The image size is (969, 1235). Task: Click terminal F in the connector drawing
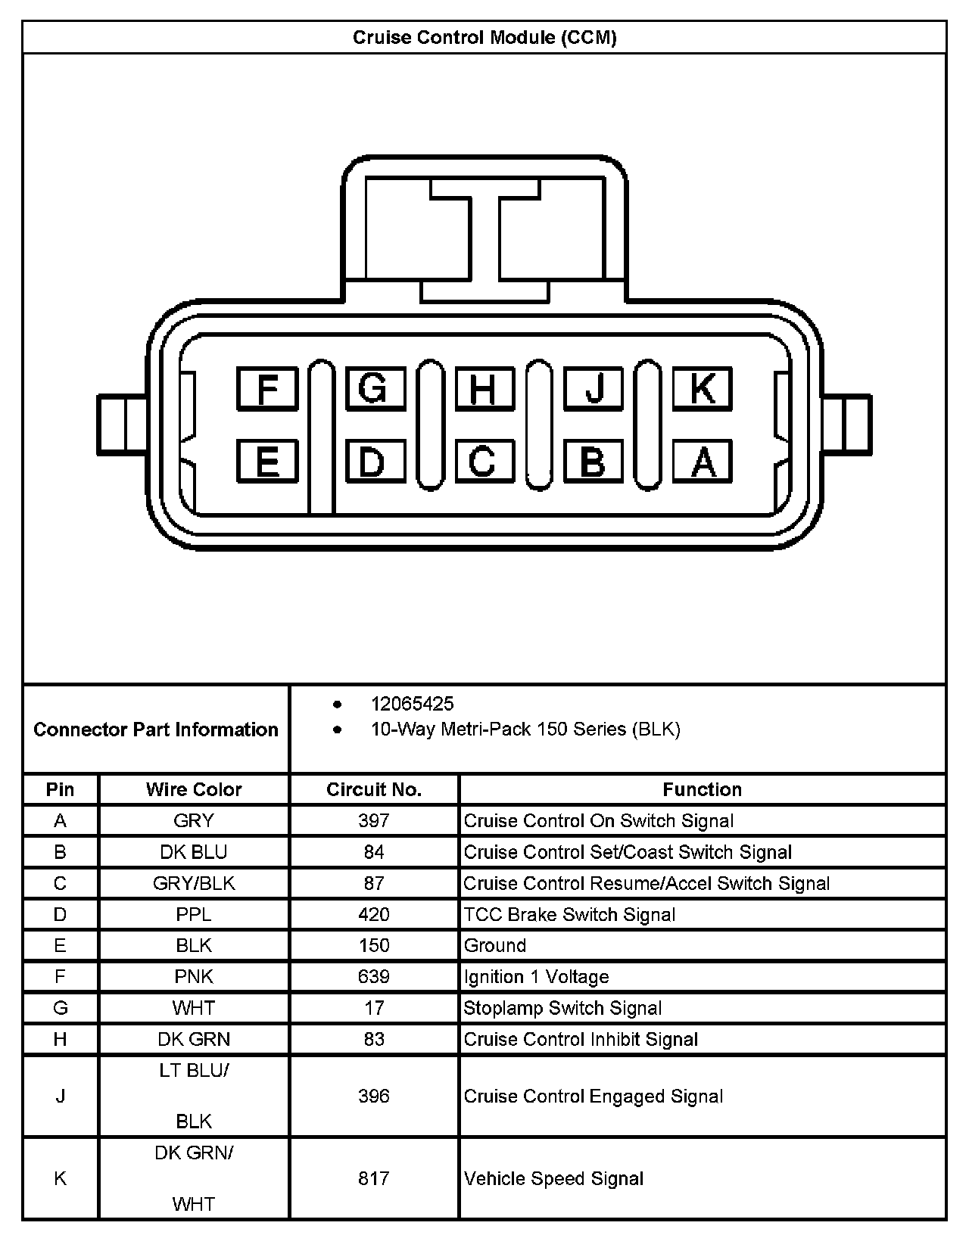point(267,389)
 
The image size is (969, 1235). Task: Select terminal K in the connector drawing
point(702,389)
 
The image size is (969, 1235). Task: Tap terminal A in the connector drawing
point(703,461)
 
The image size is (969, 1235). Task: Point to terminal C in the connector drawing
point(484,461)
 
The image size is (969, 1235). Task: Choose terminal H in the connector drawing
point(484,389)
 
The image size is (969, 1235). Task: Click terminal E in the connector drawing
point(267,461)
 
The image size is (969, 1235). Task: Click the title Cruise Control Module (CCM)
point(484,37)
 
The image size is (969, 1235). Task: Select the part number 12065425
point(412,704)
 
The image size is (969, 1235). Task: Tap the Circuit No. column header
point(374,789)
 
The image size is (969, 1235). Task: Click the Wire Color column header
point(194,789)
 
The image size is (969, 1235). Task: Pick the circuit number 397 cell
point(374,820)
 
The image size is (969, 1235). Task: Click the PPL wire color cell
point(194,914)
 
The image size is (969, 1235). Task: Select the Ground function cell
point(495,945)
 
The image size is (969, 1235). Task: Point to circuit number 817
point(374,1178)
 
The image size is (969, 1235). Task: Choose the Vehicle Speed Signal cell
point(553,1178)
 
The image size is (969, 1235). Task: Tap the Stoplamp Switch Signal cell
point(562,1008)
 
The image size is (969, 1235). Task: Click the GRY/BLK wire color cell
point(194,883)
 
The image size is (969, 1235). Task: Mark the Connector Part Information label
point(156,729)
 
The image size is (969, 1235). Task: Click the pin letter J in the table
point(61,1096)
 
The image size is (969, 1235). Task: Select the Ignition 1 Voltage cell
point(536,977)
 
